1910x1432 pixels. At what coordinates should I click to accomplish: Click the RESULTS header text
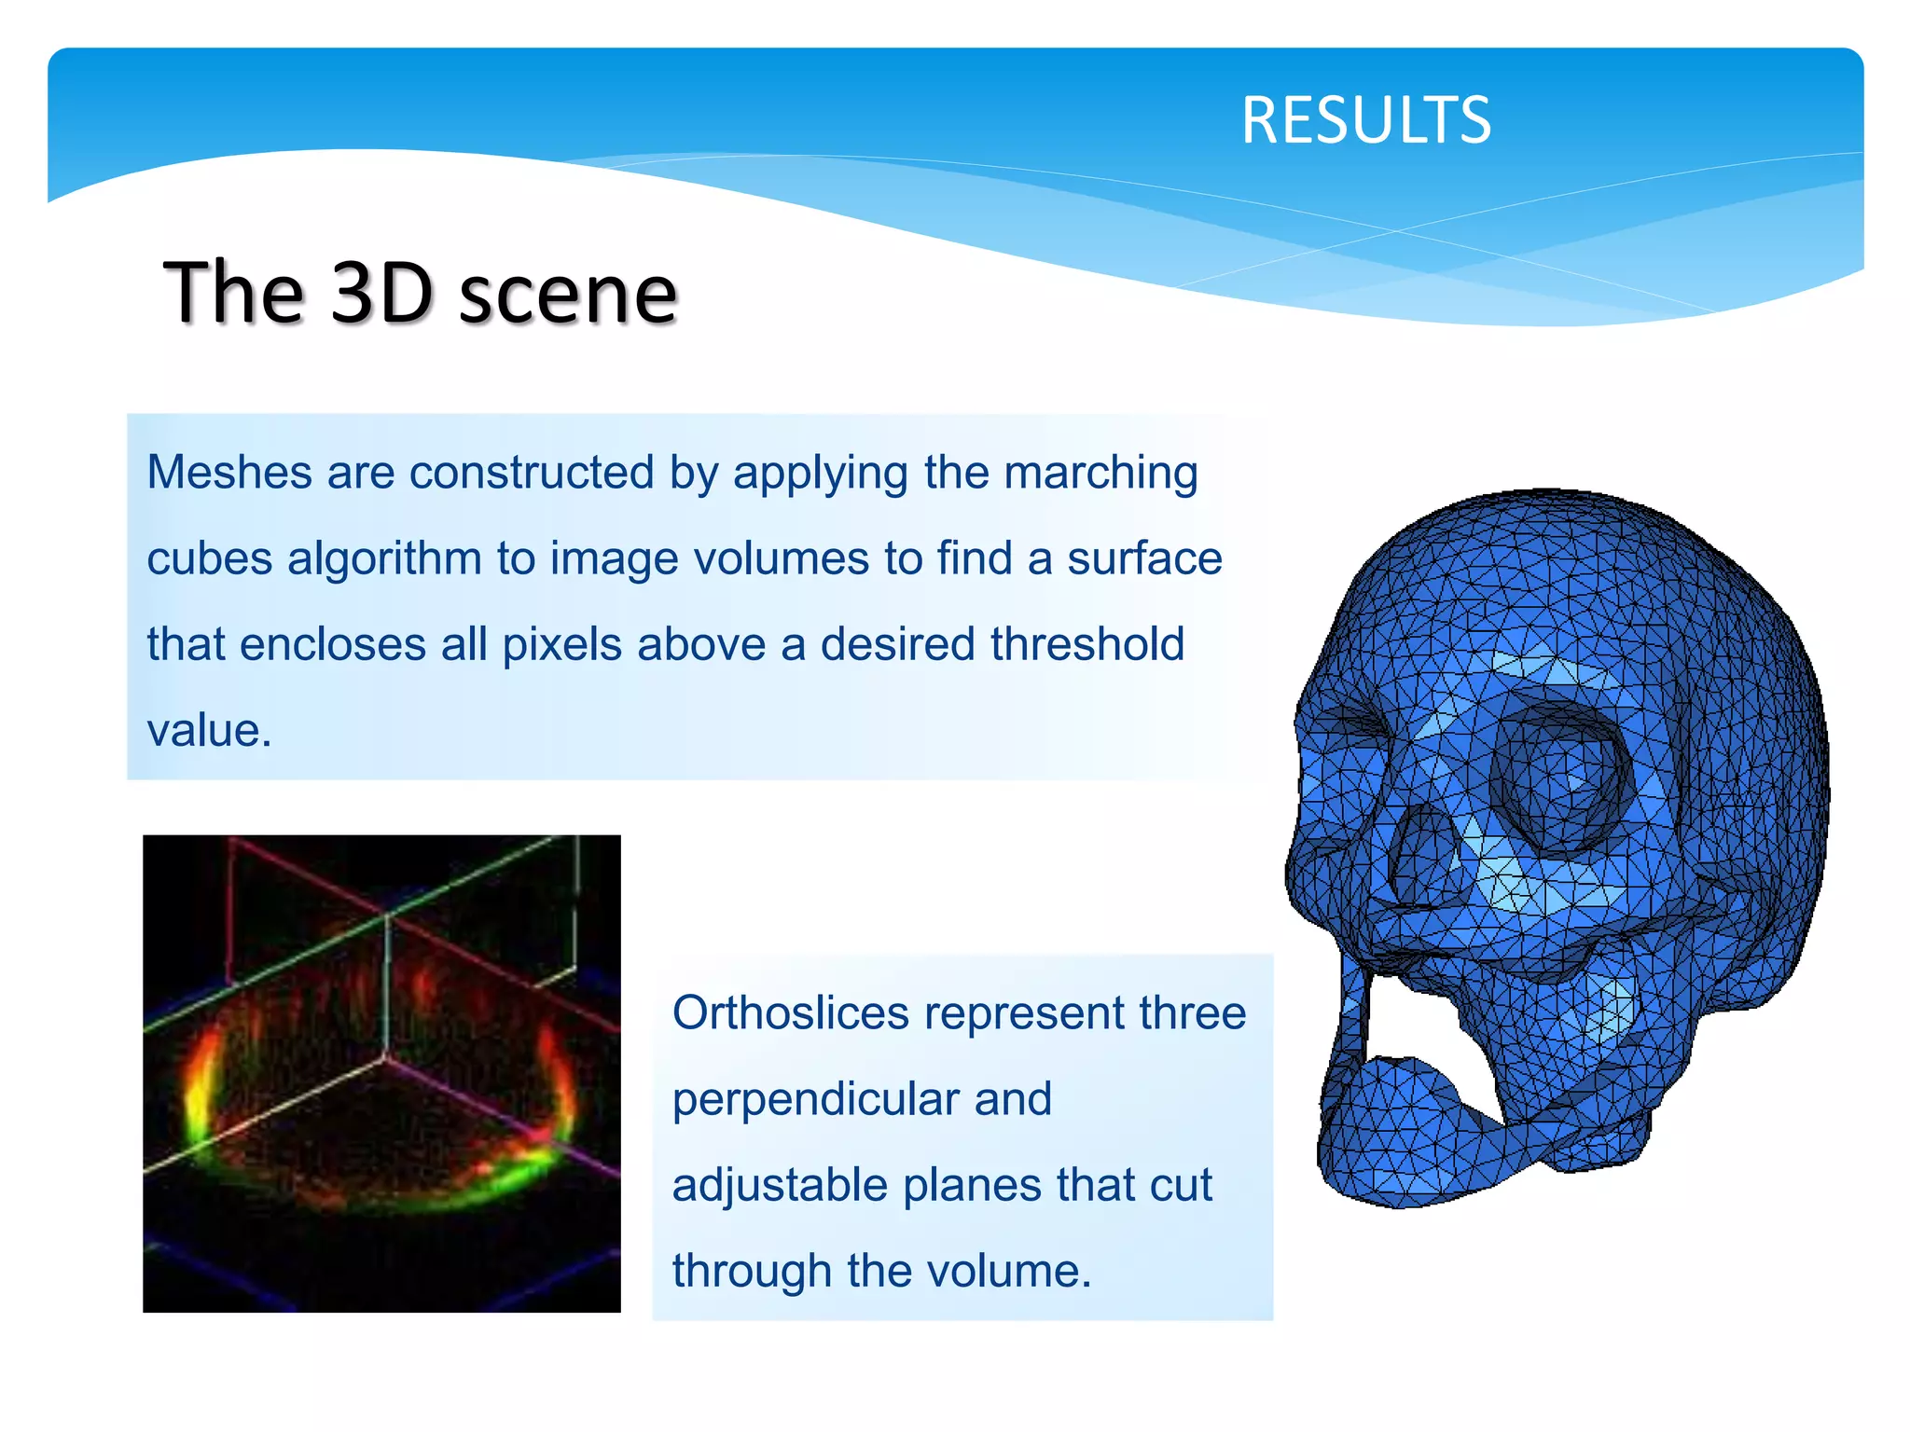coord(1365,120)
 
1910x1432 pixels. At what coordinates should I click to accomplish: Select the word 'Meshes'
coord(228,472)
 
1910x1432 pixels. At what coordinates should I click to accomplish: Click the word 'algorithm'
coord(384,559)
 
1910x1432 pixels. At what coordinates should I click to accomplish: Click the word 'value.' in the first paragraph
coord(209,730)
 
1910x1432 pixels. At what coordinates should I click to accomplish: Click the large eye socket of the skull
coord(1558,778)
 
